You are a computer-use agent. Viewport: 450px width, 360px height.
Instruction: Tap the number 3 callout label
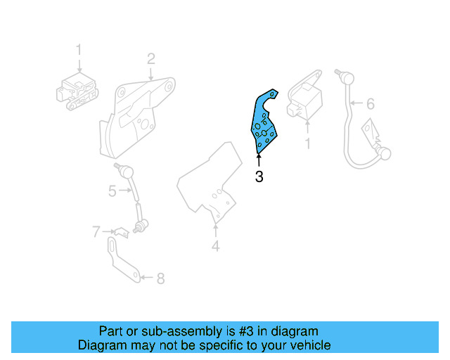coord(259,177)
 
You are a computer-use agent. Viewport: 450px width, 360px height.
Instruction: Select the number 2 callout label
coord(150,58)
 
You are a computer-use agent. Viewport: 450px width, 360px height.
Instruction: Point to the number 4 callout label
coord(216,246)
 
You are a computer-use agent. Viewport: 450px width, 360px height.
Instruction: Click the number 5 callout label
coord(112,191)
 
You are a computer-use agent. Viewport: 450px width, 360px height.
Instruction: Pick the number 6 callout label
coord(371,105)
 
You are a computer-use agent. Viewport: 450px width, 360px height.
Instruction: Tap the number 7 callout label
coord(96,231)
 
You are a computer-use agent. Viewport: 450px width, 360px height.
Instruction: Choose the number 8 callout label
coord(160,278)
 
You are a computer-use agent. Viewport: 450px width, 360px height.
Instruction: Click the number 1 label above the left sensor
coord(79,50)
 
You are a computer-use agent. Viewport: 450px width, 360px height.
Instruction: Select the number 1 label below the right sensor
coord(307,143)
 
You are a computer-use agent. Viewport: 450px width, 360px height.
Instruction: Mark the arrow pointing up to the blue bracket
coord(259,160)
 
